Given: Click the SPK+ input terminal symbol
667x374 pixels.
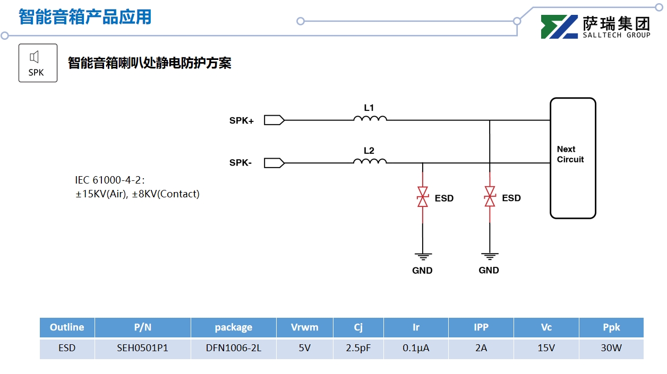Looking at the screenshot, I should pos(274,120).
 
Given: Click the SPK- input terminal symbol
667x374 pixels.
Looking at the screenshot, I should pos(274,163).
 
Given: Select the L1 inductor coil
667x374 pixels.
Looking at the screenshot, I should pos(370,118).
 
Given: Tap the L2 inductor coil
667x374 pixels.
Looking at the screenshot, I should pos(370,161).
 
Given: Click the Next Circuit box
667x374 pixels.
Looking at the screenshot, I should pos(572,158).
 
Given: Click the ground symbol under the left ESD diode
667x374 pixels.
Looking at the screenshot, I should pos(423,257).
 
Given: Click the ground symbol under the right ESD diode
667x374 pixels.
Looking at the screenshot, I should pos(489,257).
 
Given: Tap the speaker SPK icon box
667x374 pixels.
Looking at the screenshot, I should pos(38,63).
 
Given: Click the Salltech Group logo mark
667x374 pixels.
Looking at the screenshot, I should pos(559,27).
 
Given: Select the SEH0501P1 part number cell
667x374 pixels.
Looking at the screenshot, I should pos(142,349).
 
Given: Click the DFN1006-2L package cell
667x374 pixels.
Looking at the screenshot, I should pos(233,349).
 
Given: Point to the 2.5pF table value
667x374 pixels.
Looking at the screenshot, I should pos(358,349).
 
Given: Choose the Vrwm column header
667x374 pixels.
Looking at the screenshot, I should pos(304,327).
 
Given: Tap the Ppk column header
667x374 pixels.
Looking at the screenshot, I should pos(611,327).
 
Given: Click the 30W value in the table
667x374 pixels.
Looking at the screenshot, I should pos(611,349).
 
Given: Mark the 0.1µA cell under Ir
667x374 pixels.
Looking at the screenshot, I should pos(416,349).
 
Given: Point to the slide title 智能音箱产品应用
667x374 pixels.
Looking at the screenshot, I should pos(85,17).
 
